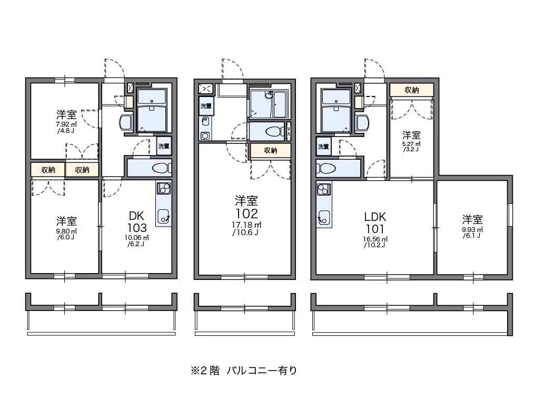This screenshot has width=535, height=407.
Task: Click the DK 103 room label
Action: click(137, 222)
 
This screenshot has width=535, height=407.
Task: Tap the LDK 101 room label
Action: click(375, 223)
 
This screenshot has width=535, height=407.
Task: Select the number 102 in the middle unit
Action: click(246, 214)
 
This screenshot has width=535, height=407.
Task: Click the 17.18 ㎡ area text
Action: click(246, 226)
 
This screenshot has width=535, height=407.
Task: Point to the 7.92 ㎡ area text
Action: click(66, 124)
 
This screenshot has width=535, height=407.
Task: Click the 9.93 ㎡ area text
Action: click(472, 230)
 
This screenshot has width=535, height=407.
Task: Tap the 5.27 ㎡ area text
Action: click(411, 144)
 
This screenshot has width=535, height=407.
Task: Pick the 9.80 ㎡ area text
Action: click(66, 231)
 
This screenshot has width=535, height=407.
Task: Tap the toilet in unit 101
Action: click(325, 168)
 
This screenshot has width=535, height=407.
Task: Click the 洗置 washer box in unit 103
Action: click(164, 146)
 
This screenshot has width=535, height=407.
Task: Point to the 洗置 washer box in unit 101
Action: click(323, 146)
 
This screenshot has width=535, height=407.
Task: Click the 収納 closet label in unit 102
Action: click(271, 150)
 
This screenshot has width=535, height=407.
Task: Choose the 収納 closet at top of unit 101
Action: click(412, 90)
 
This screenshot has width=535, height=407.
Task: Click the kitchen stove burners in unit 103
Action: click(163, 188)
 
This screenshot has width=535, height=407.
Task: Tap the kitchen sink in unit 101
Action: click(323, 218)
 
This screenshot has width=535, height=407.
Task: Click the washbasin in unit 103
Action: click(125, 122)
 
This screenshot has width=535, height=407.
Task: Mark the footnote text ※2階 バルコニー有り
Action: click(244, 371)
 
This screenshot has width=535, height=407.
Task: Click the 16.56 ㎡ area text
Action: click(375, 239)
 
